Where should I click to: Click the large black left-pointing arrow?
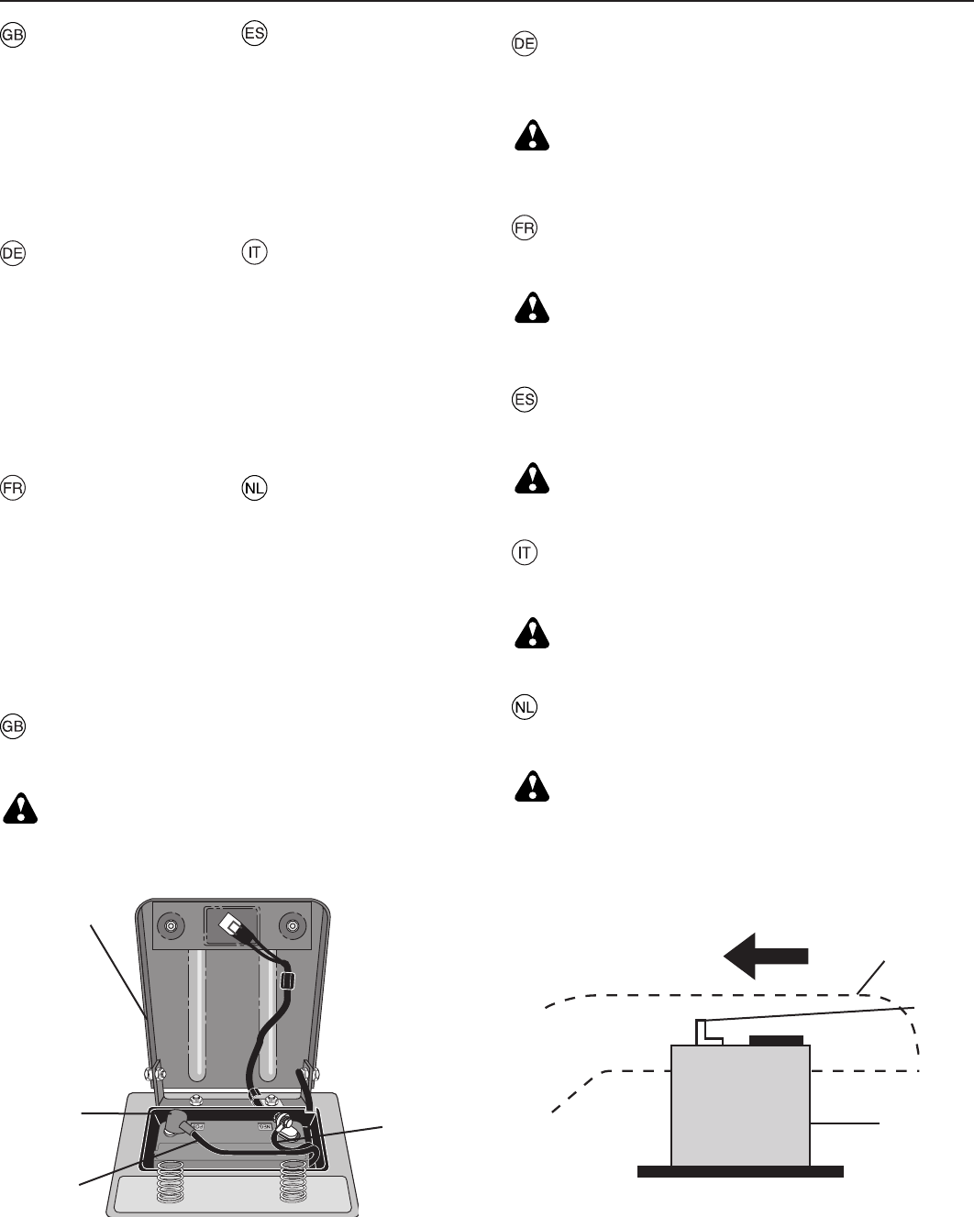[x=766, y=956]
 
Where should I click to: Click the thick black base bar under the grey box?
[x=740, y=1170]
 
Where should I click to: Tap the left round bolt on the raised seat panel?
[x=170, y=926]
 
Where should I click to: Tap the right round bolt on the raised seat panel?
[x=293, y=925]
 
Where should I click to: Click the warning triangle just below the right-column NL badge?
[x=531, y=785]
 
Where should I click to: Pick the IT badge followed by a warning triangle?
[x=524, y=554]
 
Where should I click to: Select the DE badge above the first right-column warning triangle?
[x=524, y=45]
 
